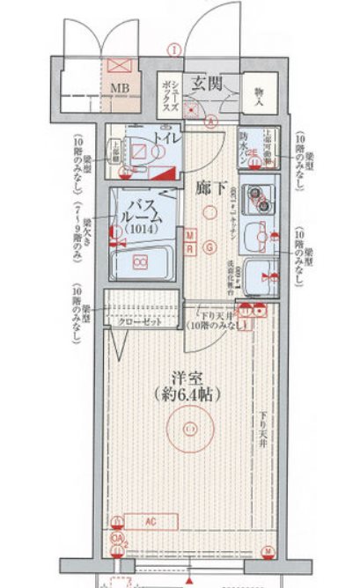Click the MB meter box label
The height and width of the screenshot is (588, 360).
(119, 88)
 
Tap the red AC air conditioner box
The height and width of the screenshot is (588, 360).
(151, 520)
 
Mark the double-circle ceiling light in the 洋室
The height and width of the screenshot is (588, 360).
(190, 429)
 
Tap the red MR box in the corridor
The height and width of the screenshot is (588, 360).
(192, 240)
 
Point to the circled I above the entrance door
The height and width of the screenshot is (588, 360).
(177, 48)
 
